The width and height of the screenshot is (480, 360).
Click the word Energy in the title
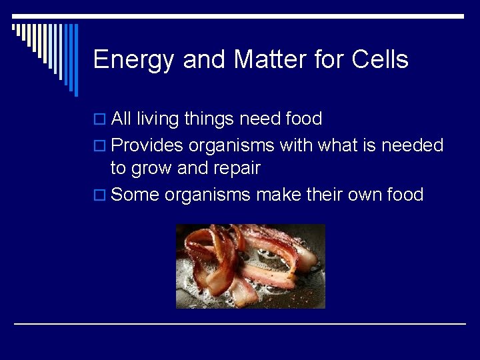(134, 60)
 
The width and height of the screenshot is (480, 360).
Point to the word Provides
(147, 145)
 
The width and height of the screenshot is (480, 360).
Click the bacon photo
(250, 266)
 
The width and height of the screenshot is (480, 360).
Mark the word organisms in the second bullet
(231, 145)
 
